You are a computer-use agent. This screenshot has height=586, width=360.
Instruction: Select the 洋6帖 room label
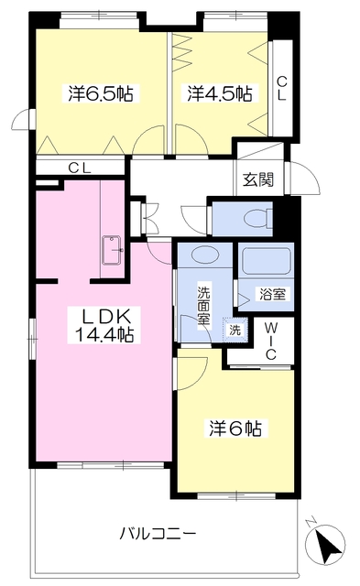(235, 428)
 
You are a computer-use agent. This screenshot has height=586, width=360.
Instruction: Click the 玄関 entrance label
(257, 179)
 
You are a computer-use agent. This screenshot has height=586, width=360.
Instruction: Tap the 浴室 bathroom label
(270, 295)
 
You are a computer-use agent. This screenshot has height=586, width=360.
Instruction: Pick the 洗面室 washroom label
(204, 306)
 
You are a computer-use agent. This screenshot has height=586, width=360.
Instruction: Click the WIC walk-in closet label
(272, 342)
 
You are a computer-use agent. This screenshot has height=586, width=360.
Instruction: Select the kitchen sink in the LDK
(114, 250)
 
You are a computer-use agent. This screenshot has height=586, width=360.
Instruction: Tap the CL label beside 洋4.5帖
(282, 88)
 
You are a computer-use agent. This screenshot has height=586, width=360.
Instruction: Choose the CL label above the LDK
(81, 168)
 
